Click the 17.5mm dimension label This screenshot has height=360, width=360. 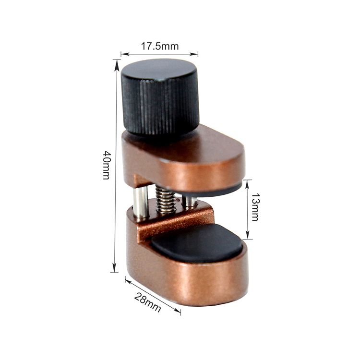point(159,47)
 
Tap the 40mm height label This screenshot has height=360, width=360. point(107,165)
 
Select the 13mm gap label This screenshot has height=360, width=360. point(255,207)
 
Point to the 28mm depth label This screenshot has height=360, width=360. point(147,302)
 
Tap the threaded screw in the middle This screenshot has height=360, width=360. point(165,199)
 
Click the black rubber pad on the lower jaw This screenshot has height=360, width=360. point(197,243)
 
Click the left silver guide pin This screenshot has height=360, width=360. point(141,202)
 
